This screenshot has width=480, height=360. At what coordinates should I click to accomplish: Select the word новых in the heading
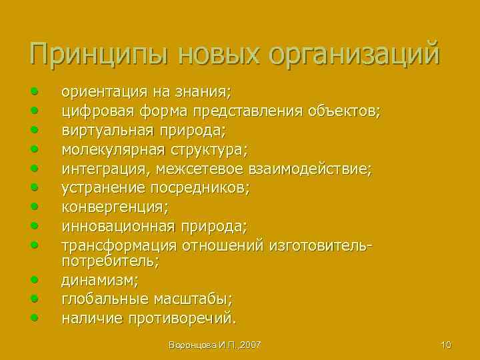coord(213,53)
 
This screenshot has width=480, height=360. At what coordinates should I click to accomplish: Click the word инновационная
coord(114,227)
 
